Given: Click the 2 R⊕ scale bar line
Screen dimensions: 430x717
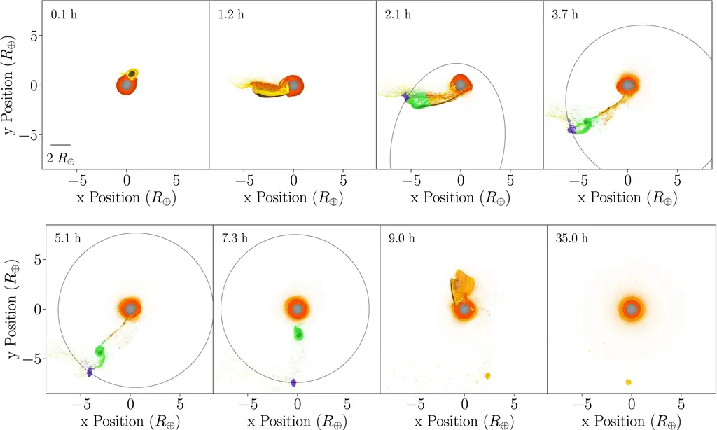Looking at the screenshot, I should [x=60, y=144].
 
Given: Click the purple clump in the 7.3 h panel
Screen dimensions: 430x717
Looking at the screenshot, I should [x=293, y=382].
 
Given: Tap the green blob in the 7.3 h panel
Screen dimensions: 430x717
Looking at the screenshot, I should [x=299, y=333].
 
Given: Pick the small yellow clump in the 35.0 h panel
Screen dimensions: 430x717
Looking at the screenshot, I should [x=629, y=382].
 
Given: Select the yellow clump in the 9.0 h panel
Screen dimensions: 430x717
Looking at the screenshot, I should [x=487, y=376].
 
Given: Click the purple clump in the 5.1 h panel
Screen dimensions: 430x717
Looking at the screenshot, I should [x=90, y=372].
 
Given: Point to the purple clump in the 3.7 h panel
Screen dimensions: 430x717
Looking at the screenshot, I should [x=572, y=129].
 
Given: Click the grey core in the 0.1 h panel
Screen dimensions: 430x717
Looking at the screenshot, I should [x=126, y=85].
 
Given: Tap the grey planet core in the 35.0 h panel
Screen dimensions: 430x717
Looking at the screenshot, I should [x=632, y=309].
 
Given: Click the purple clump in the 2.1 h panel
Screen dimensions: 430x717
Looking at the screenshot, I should [x=405, y=97].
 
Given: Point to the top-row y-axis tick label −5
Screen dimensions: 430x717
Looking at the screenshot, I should [x=34, y=134].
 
